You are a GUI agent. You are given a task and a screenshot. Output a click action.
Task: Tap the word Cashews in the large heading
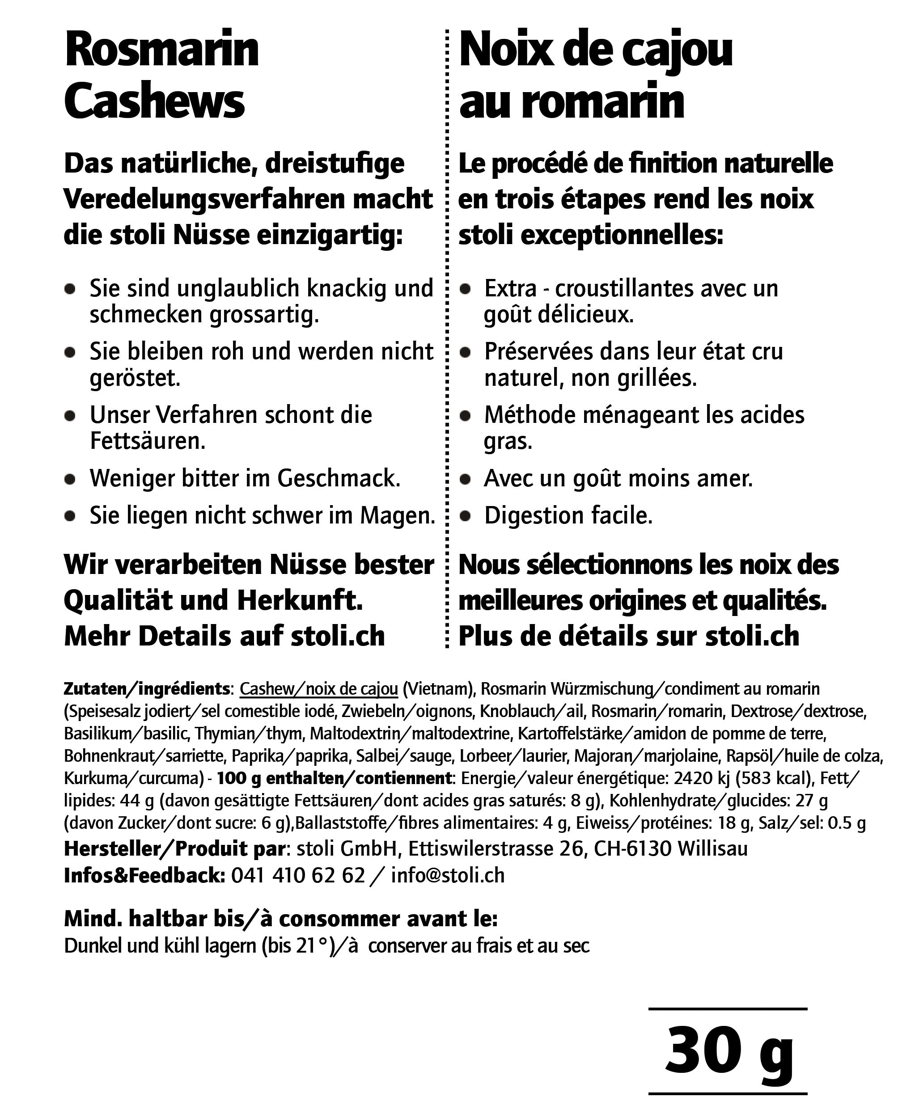(x=154, y=101)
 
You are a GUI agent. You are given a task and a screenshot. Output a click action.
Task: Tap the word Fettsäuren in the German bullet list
(x=147, y=441)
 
